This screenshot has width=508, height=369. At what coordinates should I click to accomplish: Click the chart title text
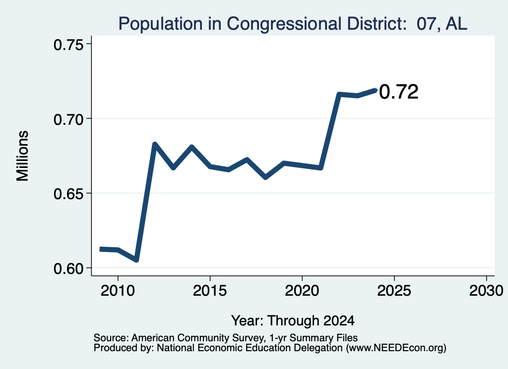click(x=293, y=24)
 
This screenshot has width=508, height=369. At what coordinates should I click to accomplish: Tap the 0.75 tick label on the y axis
click(x=68, y=45)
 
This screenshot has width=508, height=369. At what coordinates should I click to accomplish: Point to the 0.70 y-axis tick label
click(x=68, y=119)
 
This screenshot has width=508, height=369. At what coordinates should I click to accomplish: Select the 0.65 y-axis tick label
click(x=68, y=194)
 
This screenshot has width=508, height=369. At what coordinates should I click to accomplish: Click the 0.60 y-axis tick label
click(x=68, y=269)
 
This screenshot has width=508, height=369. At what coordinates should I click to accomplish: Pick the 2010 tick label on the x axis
click(x=118, y=290)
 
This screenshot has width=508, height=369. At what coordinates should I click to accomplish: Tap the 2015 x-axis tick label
click(x=210, y=290)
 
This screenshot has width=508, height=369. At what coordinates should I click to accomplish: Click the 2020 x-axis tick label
click(x=302, y=290)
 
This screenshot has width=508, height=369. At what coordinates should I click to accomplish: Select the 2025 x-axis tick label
click(x=394, y=290)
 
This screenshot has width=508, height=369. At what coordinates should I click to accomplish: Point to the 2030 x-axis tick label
click(x=486, y=290)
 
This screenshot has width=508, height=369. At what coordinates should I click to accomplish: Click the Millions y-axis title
click(x=23, y=156)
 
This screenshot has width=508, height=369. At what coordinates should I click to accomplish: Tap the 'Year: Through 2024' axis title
click(x=293, y=320)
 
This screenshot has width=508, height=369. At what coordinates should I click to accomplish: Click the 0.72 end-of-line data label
click(x=399, y=92)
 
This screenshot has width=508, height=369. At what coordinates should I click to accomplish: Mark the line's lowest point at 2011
click(x=136, y=260)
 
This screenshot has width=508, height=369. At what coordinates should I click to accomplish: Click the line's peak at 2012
click(x=155, y=144)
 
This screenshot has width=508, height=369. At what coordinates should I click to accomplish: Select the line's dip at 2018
click(x=265, y=177)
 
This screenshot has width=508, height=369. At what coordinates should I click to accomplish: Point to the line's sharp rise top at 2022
click(x=339, y=95)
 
